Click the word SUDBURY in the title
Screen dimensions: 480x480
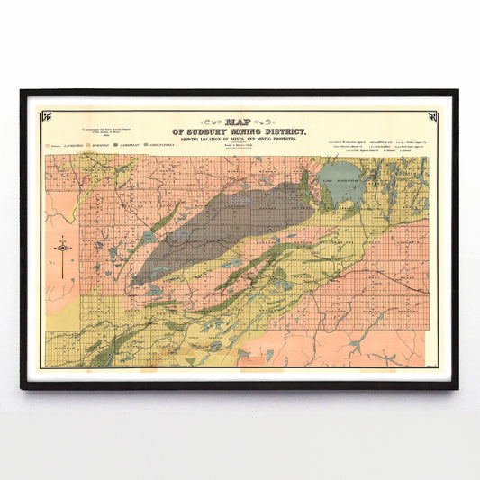(x=193, y=131)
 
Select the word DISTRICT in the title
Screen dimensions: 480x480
(x=283, y=131)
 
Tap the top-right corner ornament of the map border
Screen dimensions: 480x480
(x=432, y=115)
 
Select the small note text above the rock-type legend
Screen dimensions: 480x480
(x=87, y=132)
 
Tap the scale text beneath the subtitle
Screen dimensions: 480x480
(x=239, y=146)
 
